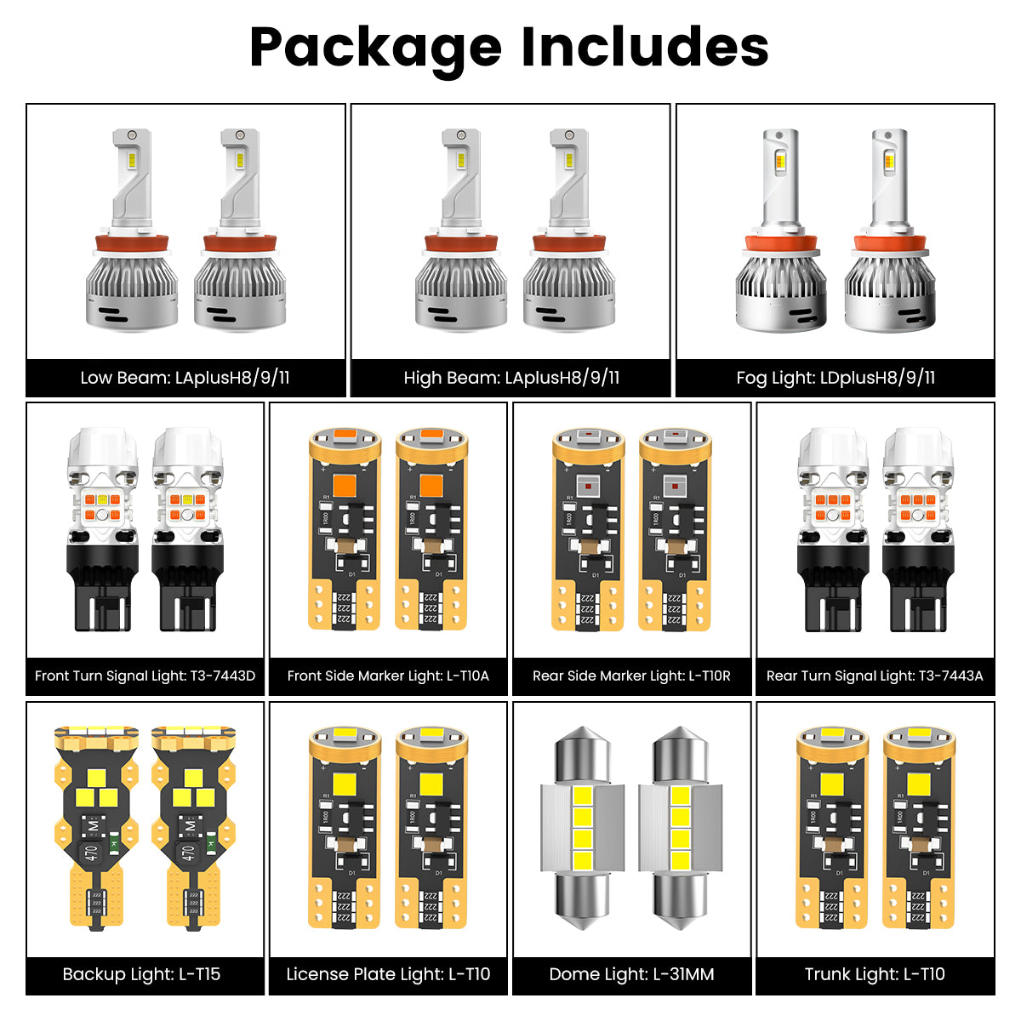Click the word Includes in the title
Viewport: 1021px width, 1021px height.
[645, 47]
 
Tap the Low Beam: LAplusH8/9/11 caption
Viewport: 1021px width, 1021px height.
[185, 378]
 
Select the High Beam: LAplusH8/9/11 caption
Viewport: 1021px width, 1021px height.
[511, 378]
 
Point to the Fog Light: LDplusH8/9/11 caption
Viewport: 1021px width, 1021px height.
[836, 378]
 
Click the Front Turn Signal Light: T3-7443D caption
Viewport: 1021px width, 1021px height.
[145, 676]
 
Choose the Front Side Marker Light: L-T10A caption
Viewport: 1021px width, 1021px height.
[388, 676]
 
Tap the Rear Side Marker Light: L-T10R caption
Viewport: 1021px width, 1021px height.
[631, 676]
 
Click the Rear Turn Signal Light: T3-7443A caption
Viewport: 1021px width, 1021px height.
[875, 676]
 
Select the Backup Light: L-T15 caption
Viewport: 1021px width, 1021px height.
[141, 974]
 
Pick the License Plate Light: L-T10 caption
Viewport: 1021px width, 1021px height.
[388, 974]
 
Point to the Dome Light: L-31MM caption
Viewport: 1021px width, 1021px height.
[631, 974]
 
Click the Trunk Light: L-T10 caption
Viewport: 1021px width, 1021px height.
[875, 974]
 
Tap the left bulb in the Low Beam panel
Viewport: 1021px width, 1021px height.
[132, 230]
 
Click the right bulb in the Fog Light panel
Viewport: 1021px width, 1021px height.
[890, 230]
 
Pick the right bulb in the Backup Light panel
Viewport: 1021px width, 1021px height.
[193, 828]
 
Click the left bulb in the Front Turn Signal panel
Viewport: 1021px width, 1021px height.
[102, 529]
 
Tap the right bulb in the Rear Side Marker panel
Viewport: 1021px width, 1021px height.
[675, 529]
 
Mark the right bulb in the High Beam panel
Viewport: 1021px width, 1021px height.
[569, 230]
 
